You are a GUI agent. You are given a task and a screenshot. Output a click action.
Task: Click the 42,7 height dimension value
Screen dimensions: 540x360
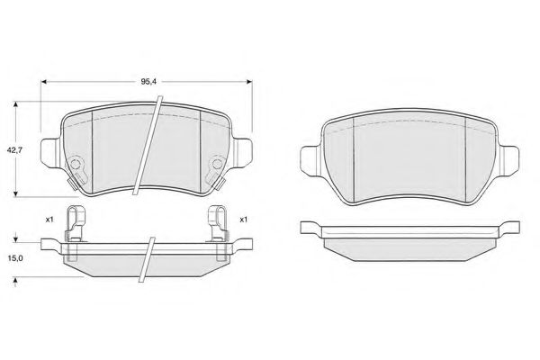pyautogui.click(x=14, y=150)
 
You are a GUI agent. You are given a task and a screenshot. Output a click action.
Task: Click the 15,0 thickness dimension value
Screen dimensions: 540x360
pyautogui.click(x=14, y=258)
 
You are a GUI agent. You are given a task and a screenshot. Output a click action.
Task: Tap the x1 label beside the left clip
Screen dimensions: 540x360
pyautogui.click(x=49, y=220)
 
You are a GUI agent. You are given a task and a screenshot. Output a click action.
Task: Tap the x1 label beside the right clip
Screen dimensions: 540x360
pyautogui.click(x=244, y=220)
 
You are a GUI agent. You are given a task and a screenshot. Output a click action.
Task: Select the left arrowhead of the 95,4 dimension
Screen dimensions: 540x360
pyautogui.click(x=44, y=82)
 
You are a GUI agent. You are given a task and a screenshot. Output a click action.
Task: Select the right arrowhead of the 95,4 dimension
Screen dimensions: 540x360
pyautogui.click(x=249, y=82)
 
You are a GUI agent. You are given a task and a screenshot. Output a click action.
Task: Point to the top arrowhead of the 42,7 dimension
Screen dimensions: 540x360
pyautogui.click(x=15, y=104)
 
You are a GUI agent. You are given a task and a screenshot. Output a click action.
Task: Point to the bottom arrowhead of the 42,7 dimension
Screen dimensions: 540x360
pyautogui.click(x=15, y=194)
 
